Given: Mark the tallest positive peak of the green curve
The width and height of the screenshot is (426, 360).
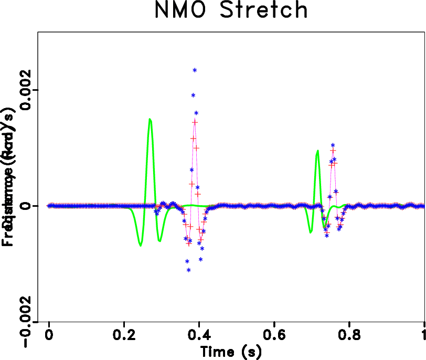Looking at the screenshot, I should coord(150,119).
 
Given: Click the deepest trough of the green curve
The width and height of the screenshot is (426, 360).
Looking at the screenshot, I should coord(140,245).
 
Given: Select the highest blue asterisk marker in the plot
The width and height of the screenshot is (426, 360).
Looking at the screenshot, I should coord(195,70).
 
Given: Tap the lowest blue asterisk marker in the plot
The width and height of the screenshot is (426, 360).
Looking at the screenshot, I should coord(188,270).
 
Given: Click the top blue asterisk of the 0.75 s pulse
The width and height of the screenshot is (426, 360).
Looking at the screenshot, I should coord(333,145).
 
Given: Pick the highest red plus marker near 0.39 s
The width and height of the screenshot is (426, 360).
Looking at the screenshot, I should coord(195,122).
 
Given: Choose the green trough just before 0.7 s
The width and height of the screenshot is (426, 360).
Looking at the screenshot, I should coord(311,232).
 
